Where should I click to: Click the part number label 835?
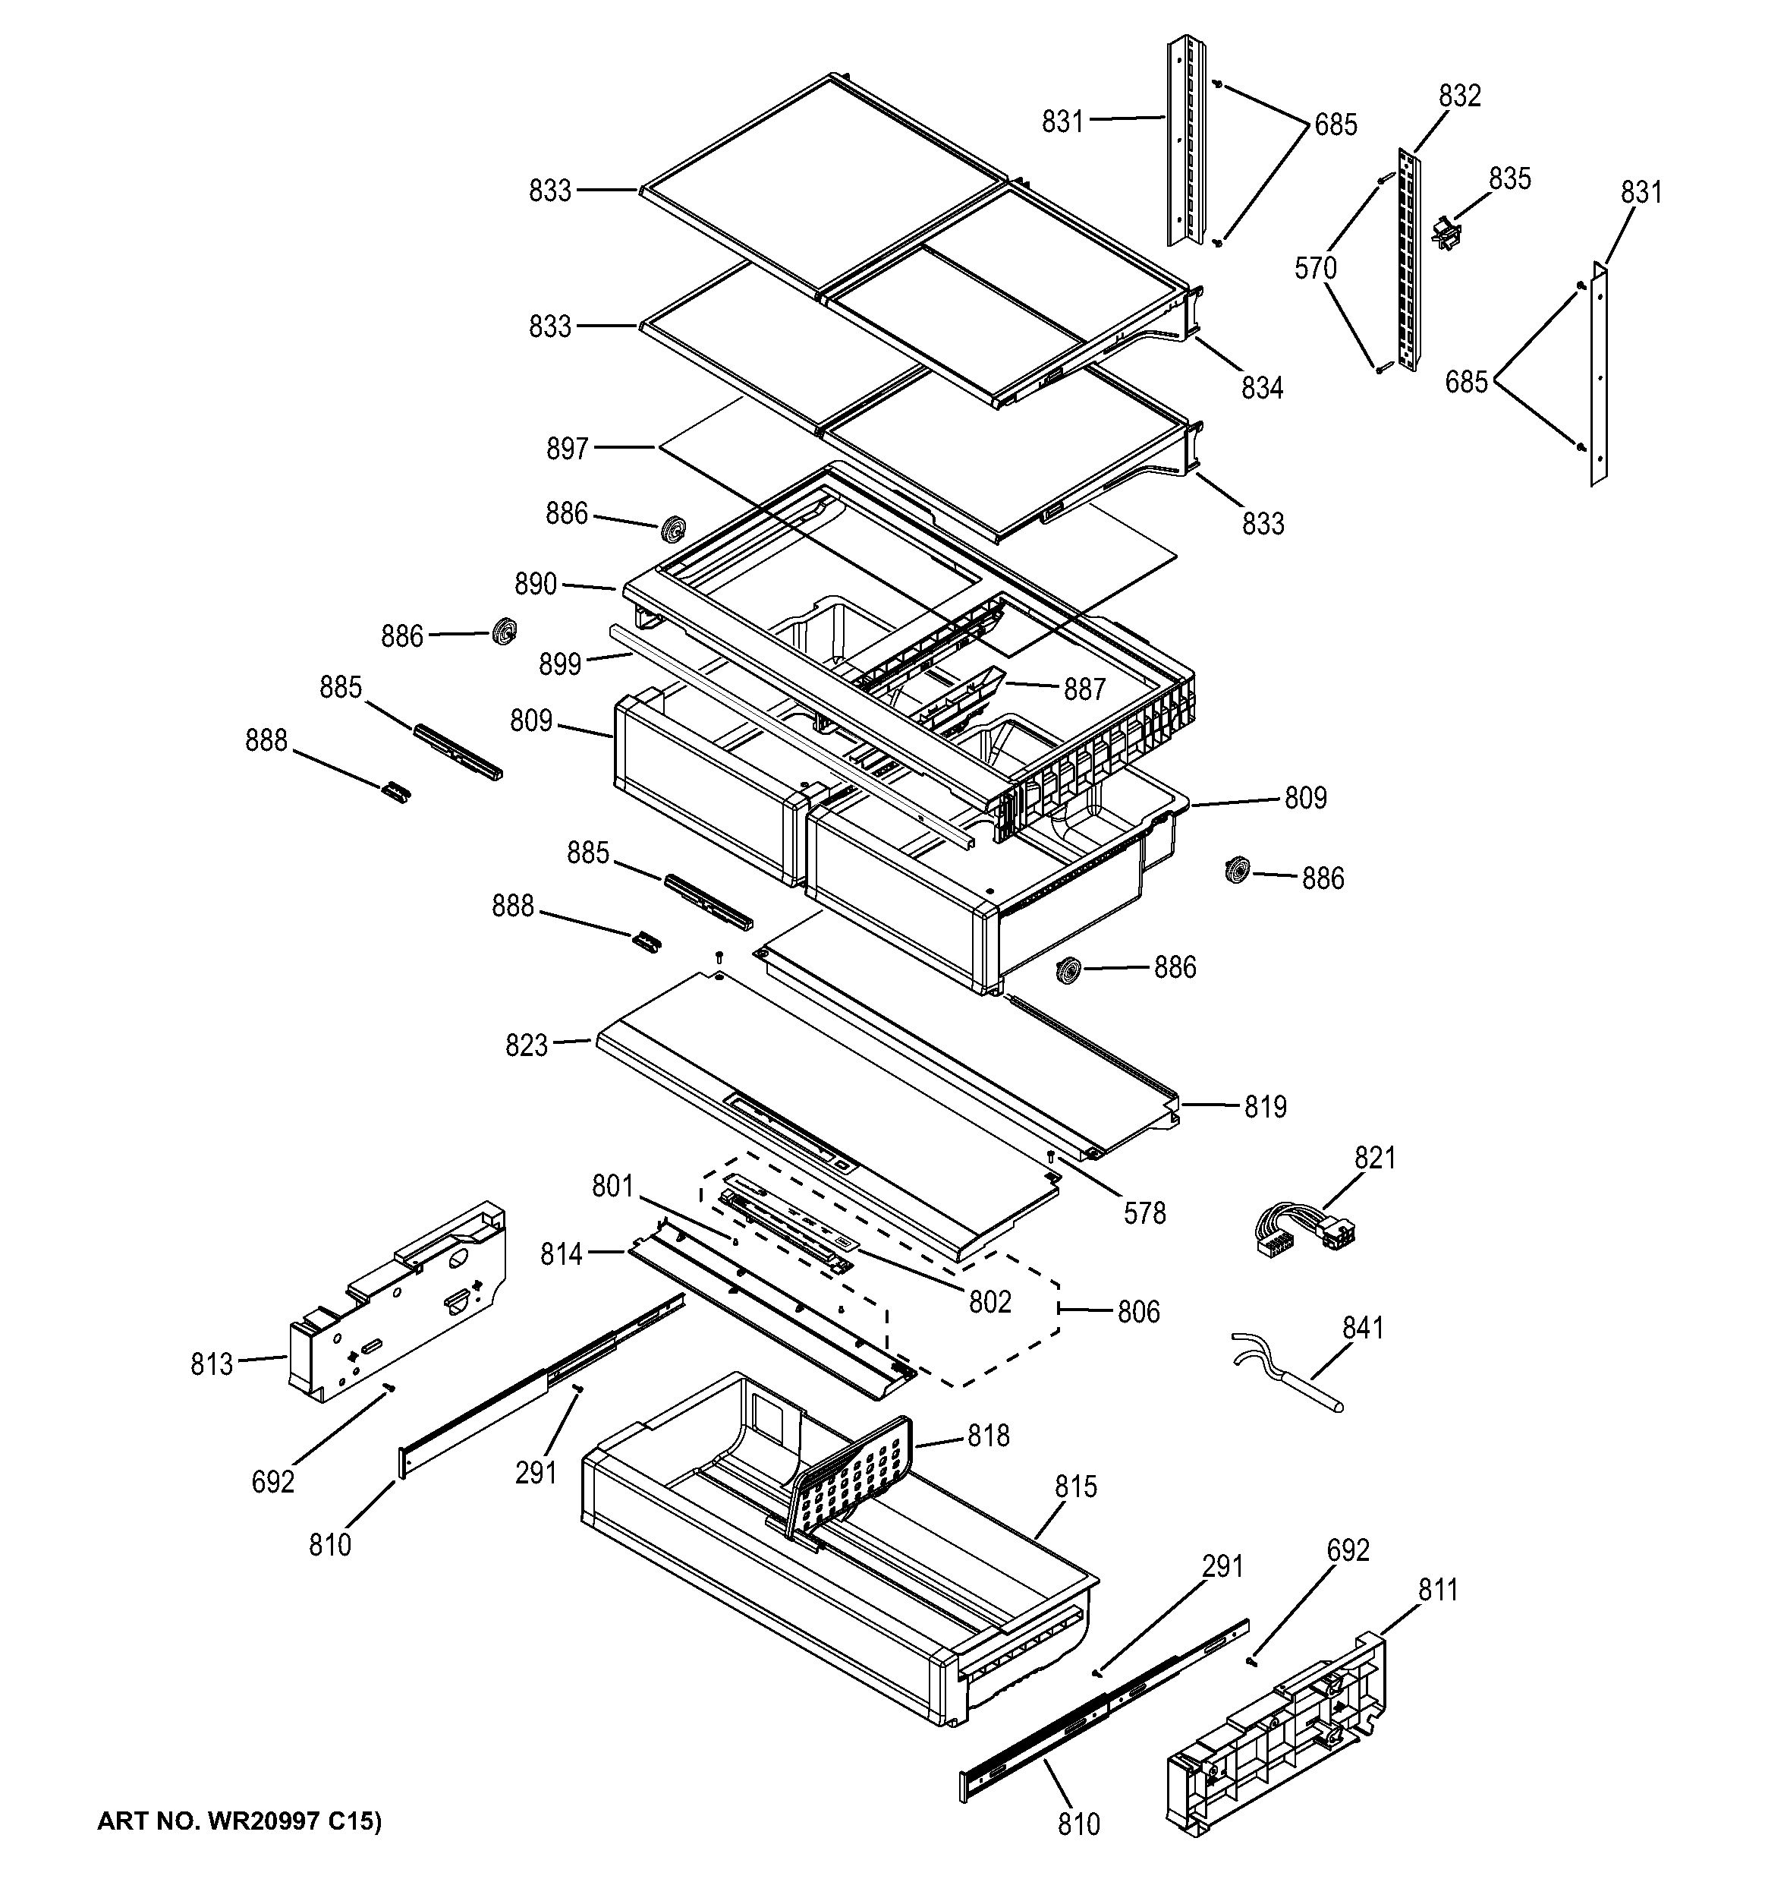pos(1510,178)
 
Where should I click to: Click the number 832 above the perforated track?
pos(1460,96)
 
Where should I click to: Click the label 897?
pos(568,448)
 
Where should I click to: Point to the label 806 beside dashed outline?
pos(1138,1312)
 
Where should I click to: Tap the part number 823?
pos(527,1045)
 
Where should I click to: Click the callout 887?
pos(1084,690)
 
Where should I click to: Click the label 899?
pos(560,664)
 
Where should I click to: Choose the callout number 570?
pos(1315,270)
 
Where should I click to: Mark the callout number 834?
pos(1263,387)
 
